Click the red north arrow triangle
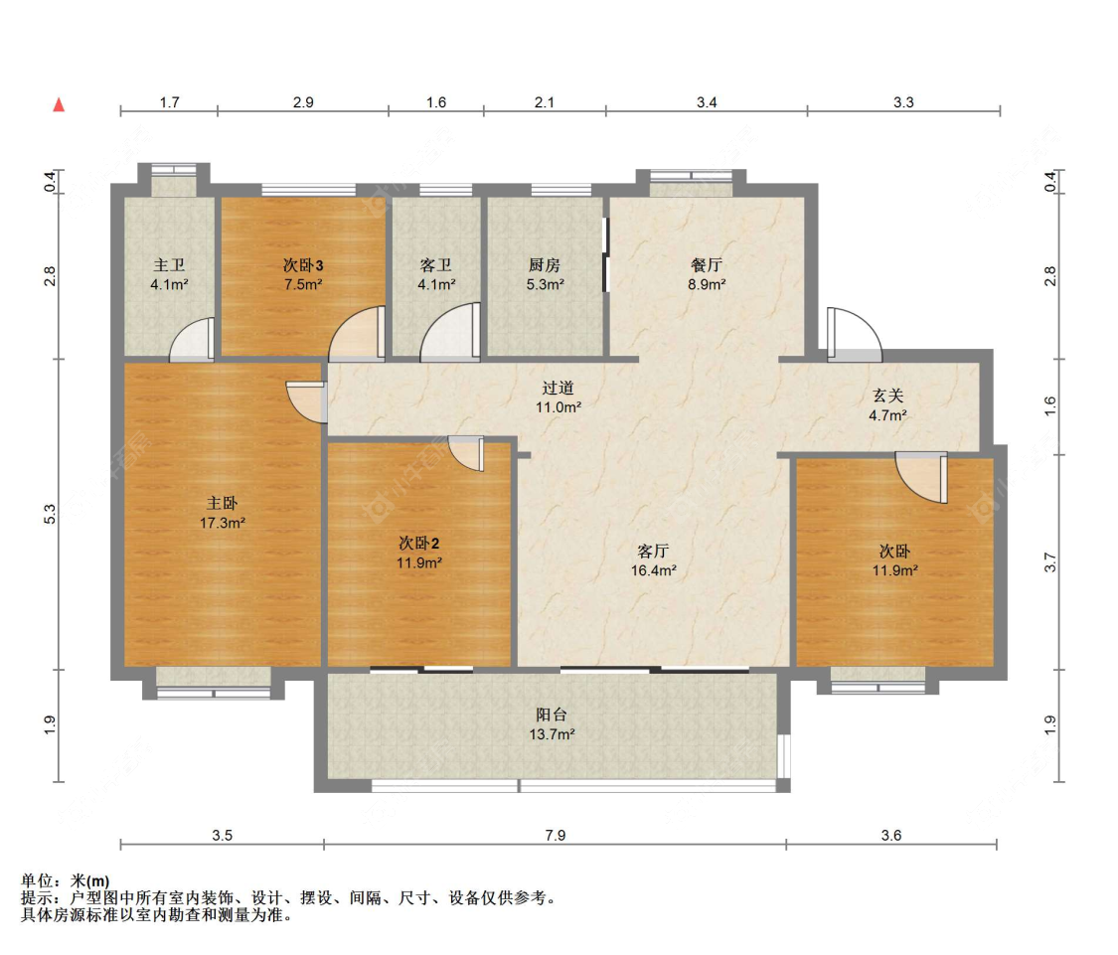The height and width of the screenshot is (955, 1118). [60, 105]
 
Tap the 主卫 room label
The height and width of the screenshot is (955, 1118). [169, 265]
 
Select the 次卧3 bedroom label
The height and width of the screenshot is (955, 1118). [303, 265]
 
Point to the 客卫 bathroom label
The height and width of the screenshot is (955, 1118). [435, 265]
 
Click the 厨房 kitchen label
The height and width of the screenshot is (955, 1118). [545, 265]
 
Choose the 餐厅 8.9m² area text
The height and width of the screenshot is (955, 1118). [707, 284]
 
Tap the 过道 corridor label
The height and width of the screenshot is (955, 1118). [558, 388]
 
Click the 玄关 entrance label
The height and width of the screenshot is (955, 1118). [887, 396]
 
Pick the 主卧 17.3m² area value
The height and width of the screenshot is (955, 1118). [223, 523]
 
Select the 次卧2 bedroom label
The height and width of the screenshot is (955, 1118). [418, 544]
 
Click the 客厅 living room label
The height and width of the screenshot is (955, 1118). [653, 552]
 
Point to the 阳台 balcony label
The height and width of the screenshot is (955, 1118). [552, 716]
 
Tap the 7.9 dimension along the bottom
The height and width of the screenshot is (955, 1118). [556, 835]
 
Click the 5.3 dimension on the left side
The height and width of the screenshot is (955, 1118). [50, 514]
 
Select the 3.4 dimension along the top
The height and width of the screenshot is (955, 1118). [707, 102]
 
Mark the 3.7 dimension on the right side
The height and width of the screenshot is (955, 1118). [1050, 562]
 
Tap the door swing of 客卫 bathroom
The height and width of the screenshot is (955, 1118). [450, 332]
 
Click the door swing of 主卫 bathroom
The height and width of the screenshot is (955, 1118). [192, 339]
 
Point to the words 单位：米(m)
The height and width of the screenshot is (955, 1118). [66, 881]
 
